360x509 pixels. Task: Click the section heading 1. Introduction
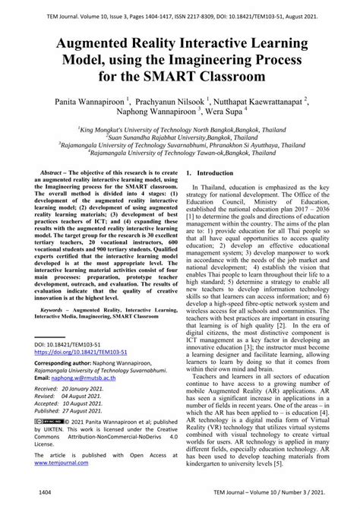tap(209, 174)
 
